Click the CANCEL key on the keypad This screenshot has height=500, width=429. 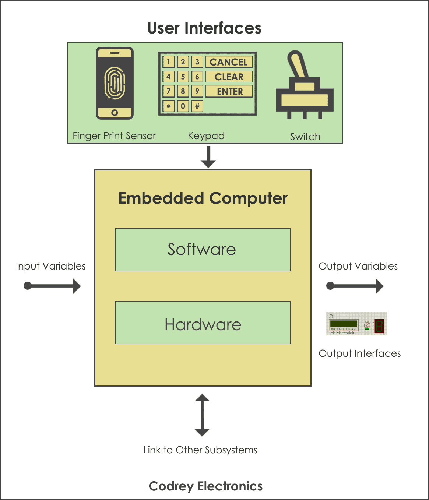(x=229, y=62)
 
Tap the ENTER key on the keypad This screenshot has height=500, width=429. (x=229, y=91)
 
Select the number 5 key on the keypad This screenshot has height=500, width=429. (x=183, y=77)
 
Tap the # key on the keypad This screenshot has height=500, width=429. (x=197, y=106)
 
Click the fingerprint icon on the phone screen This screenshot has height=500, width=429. (x=115, y=83)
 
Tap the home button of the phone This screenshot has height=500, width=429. (x=115, y=113)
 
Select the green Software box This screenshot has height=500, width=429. (x=203, y=250)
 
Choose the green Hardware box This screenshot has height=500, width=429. (x=203, y=323)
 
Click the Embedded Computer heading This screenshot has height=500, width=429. (x=203, y=198)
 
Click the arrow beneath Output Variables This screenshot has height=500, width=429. (x=355, y=286)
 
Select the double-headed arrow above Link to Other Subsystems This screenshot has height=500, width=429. (x=202, y=415)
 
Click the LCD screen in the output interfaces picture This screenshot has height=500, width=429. (x=344, y=324)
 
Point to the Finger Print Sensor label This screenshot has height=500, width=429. (x=114, y=136)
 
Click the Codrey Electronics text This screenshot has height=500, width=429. (x=205, y=486)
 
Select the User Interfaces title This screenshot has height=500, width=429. (x=204, y=28)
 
